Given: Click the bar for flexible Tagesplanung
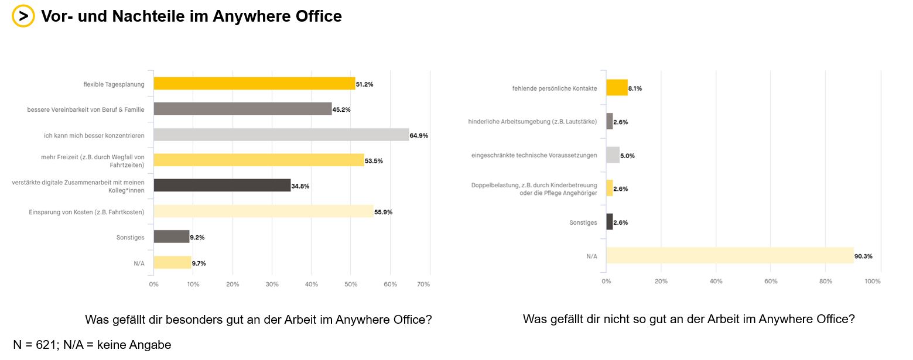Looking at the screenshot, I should point(254,84).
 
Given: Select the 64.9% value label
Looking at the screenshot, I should point(419,136).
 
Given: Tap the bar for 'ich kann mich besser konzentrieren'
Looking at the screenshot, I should point(281,135).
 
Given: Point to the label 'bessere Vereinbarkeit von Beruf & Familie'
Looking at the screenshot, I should point(86,109).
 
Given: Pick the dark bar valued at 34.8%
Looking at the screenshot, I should point(222,186).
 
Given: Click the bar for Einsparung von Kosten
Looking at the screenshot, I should point(264,211).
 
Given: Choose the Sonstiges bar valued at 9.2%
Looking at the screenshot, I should point(171,236).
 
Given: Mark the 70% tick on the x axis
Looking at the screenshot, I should point(423,284).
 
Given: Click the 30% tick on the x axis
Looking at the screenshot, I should point(272,284).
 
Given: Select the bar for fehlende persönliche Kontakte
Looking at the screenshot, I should point(617,88).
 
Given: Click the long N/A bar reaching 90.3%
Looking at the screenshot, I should point(730,256).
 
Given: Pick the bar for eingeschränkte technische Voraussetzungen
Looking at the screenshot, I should point(613,155).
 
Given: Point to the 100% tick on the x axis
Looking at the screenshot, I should point(873,282).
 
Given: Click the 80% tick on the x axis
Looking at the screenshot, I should point(825,282).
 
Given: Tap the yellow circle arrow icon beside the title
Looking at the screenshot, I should point(23,16).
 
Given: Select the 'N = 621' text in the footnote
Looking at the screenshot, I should point(35,345).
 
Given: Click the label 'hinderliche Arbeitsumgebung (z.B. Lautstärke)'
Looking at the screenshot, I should point(532,122).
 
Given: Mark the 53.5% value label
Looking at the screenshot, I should point(374,161).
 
